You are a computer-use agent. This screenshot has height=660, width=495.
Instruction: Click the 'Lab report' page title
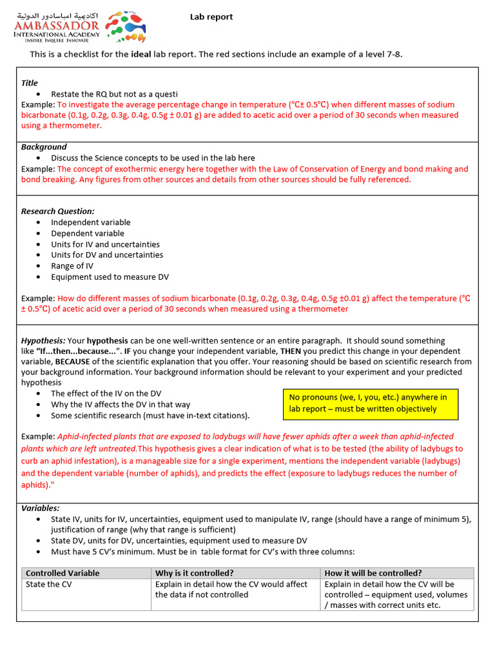click(x=211, y=17)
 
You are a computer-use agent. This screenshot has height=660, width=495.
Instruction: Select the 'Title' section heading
click(x=30, y=83)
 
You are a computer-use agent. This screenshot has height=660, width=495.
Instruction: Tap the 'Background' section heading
click(x=44, y=147)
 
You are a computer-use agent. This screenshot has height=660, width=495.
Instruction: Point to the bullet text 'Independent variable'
click(x=90, y=222)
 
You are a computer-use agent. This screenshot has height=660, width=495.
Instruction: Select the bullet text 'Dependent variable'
click(x=88, y=233)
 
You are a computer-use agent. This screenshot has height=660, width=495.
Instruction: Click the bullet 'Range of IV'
click(x=72, y=266)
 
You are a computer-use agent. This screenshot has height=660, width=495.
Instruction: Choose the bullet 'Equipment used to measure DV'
click(x=110, y=277)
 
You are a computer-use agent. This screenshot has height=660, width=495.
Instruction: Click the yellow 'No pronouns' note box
click(x=371, y=403)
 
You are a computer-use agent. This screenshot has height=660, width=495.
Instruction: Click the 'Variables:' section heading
click(x=40, y=508)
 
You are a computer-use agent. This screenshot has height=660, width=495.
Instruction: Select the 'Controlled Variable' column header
click(x=63, y=573)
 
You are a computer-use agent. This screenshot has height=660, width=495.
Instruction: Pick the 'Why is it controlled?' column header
click(x=194, y=573)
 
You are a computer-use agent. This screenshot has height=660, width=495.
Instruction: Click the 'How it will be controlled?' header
click(x=373, y=573)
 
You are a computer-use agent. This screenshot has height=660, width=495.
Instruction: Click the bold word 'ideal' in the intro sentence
click(x=141, y=54)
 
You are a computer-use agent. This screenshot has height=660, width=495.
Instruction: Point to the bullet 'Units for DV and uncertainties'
click(x=107, y=255)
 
